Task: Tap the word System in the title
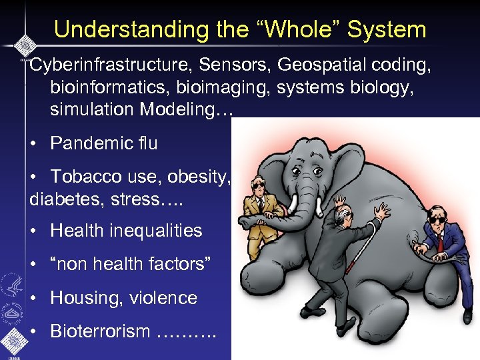(387, 29)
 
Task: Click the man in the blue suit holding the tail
(439, 240)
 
